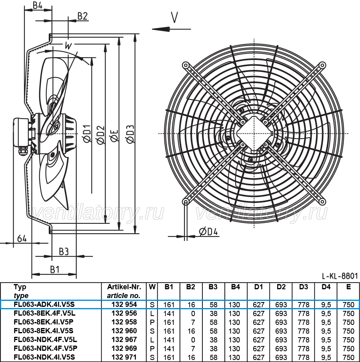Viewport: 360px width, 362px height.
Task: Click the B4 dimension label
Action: pos(38,5)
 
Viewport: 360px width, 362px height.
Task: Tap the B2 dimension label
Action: pos(82,16)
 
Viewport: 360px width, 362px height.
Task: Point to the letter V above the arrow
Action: pos(174,17)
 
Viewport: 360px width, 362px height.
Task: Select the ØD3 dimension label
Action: pos(130,134)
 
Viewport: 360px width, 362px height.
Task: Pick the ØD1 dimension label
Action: pos(87,134)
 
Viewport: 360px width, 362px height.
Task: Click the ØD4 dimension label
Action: pos(208,232)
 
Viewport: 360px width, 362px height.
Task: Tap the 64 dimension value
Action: pos(22,239)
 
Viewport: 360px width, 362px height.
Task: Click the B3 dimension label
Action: pos(64,252)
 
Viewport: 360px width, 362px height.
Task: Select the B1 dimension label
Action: pos(55,269)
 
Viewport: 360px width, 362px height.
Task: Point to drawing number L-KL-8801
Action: pos(340,276)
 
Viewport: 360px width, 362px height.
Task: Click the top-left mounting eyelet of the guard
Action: pos(186,66)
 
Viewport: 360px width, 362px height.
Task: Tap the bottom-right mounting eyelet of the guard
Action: pos(322,201)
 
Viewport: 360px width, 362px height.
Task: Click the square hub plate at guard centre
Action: pos(254,133)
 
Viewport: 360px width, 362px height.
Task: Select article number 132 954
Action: pos(124,304)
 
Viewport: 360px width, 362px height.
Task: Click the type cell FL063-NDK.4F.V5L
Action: pos(45,340)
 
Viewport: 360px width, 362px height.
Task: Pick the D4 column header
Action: pos(326,287)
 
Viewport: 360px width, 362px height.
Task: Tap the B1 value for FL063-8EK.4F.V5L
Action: pos(169,314)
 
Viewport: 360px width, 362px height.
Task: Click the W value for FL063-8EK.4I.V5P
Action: pos(152,322)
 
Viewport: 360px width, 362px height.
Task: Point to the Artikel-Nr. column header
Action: pos(124,287)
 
